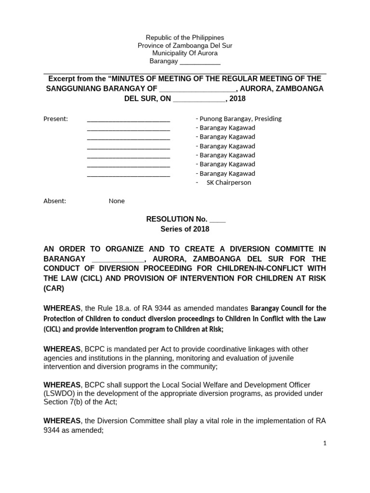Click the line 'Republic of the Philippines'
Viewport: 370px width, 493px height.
(185, 38)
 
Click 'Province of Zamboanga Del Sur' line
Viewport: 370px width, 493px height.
(185, 45)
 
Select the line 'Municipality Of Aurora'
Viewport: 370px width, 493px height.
(185, 53)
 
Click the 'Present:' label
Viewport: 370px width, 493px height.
(56, 119)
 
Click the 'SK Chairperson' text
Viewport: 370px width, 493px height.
(229, 182)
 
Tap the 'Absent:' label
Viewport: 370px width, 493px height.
(55, 201)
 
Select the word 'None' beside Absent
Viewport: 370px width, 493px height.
(117, 201)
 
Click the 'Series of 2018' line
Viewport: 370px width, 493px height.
(185, 229)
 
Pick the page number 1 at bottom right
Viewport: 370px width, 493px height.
(325, 444)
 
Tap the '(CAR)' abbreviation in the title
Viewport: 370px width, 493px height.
(53, 288)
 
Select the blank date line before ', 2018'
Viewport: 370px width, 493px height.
(199, 99)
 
